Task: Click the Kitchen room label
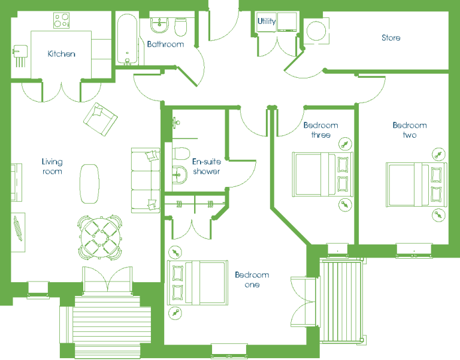coord(61,54)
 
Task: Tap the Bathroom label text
coord(165,44)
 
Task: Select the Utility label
coord(267,21)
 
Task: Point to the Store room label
coord(391,38)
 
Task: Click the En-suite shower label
coord(207,166)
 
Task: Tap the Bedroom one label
coord(252,280)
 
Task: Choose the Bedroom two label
coord(410,130)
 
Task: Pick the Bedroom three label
coord(320,130)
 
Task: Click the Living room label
coord(52,167)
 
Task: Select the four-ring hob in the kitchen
coord(61,20)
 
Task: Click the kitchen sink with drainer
coord(20,56)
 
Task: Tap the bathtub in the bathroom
coord(127,40)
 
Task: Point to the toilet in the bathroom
coord(181,27)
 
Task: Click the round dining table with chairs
coord(100,237)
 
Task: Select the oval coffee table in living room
coord(89,184)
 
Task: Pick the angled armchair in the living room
coord(101,119)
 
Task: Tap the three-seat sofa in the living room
coord(146,180)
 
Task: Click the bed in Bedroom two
coord(416,184)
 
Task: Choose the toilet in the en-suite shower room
coord(181,153)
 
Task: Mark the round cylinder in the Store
coord(316,31)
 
